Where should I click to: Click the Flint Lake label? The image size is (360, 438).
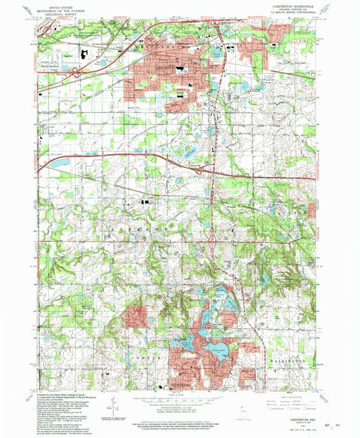point(217,350)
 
